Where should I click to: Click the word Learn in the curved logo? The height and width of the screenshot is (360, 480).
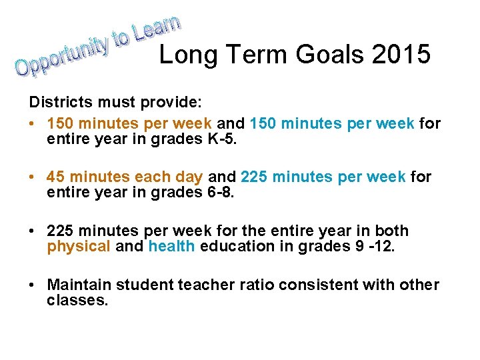[156, 27]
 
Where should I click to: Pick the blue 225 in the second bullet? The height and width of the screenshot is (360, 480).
[257, 177]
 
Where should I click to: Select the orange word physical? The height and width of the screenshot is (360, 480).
[78, 247]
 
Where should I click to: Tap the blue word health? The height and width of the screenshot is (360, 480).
[171, 247]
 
